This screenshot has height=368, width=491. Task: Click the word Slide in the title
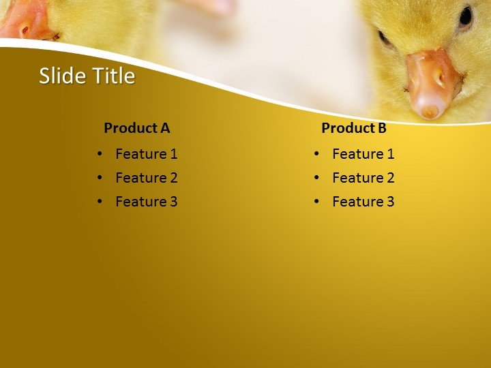click(59, 76)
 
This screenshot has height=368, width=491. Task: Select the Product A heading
click(136, 127)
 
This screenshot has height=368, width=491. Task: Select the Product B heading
click(353, 127)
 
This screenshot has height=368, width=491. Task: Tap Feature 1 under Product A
click(146, 154)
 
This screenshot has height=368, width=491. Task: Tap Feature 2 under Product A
click(146, 178)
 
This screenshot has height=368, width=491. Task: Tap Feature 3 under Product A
click(146, 202)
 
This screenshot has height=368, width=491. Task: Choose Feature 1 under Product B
click(363, 154)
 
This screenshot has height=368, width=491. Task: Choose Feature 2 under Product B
click(363, 178)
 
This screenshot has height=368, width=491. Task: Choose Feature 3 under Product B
click(363, 202)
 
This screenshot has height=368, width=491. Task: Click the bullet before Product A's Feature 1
click(100, 154)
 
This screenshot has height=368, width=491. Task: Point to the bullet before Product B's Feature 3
click(317, 202)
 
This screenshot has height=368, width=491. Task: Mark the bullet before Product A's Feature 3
click(100, 202)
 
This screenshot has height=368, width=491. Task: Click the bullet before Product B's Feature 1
click(317, 154)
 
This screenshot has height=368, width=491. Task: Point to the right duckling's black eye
click(466, 16)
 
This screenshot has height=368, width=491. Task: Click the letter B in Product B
click(381, 127)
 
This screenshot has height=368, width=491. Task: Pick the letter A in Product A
click(164, 127)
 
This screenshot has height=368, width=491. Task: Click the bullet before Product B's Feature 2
click(317, 178)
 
